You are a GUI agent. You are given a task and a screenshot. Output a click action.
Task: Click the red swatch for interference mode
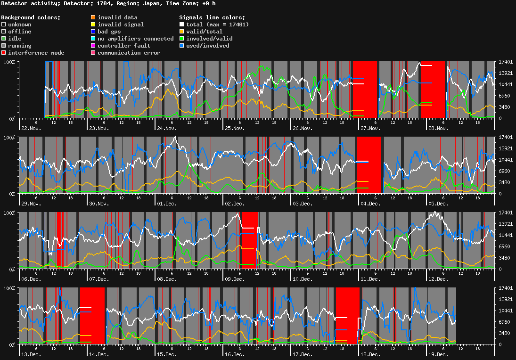pyautogui.click(x=4, y=53)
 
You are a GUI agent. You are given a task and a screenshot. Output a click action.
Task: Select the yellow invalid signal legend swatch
pyautogui.click(x=93, y=25)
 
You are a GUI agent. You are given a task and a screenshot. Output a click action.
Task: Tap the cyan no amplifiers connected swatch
pyautogui.click(x=93, y=39)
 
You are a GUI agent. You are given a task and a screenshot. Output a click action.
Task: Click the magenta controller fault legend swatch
pyautogui.click(x=93, y=46)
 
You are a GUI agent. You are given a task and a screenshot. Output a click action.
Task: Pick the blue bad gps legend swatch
pyautogui.click(x=93, y=32)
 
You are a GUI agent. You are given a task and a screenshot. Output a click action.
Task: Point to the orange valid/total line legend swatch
pyautogui.click(x=182, y=32)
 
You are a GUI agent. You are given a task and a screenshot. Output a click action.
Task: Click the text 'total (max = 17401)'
pyautogui.click(x=217, y=25)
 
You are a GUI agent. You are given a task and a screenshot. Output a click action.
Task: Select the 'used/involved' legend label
pyautogui.click(x=207, y=46)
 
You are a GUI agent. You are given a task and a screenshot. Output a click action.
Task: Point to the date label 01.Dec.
pyautogui.click(x=167, y=204)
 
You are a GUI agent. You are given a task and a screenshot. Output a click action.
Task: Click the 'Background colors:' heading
pyautogui.click(x=31, y=17)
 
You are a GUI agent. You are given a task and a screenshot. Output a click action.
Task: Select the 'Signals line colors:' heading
pyautogui.click(x=212, y=17)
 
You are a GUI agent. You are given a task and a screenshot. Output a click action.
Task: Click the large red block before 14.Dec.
pyautogui.click(x=92, y=316)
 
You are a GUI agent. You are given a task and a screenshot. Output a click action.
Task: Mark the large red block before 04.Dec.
pyautogui.click(x=369, y=165)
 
